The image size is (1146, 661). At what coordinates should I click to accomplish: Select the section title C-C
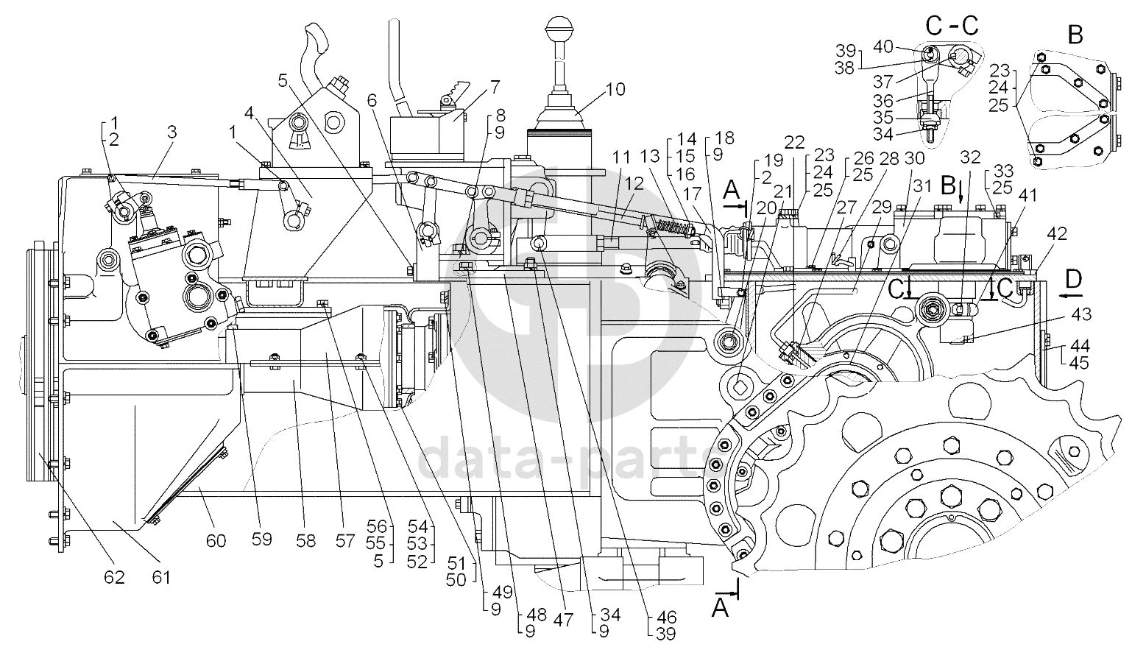coord(952,25)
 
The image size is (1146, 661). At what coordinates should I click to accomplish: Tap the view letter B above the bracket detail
coord(1075,35)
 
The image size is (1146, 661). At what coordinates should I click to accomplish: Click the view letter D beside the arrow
coord(1074,279)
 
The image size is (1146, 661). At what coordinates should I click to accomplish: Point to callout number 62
coord(114,577)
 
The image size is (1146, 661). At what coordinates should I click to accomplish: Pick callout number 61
coord(160,577)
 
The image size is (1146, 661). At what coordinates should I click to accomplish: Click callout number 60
coord(216,541)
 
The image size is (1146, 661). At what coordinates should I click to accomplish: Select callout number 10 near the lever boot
coord(615,90)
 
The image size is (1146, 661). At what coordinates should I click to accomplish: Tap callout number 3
coord(172,132)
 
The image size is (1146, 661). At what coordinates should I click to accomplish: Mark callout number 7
coord(495,87)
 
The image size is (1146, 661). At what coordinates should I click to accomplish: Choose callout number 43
coord(1081,314)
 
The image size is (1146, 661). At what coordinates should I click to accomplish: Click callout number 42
coord(1057,233)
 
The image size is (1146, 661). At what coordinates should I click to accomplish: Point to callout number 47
coord(564,620)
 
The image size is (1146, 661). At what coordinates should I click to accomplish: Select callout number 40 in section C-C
coord(883,46)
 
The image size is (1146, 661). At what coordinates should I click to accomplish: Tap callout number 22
coord(794,142)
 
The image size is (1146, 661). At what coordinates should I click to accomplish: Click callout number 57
coord(344,541)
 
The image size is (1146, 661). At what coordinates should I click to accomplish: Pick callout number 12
coord(634,184)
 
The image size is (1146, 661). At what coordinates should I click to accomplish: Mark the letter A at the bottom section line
coord(721,609)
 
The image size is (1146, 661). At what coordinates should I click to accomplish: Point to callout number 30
coord(914,158)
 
